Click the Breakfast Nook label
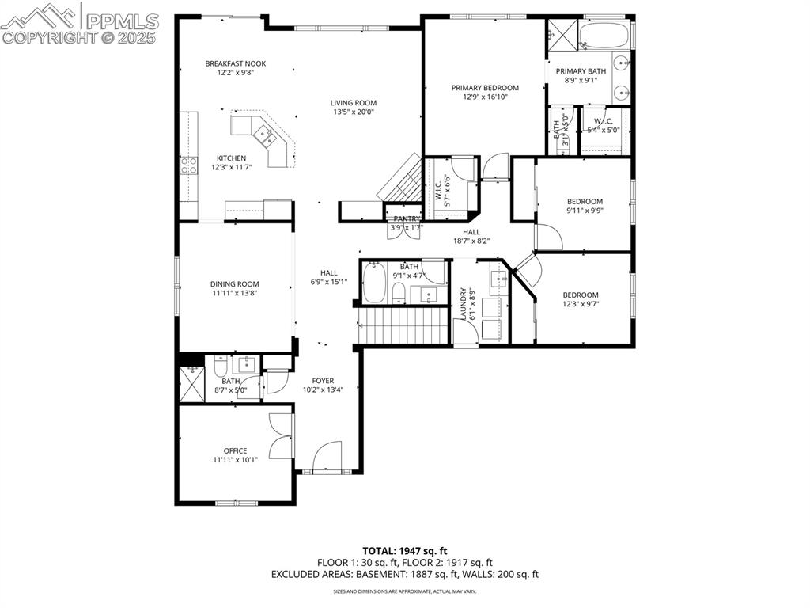point(229,63)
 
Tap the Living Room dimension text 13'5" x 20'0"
point(353,112)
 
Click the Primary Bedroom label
point(485,88)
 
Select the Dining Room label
point(234,284)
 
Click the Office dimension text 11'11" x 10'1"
point(235,460)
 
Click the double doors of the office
point(281,435)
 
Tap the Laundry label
point(464,304)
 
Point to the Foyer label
point(323,381)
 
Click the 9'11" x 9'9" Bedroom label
point(585,202)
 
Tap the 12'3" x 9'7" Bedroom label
point(581,295)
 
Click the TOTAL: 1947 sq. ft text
point(405,550)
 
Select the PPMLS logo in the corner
point(79,24)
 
